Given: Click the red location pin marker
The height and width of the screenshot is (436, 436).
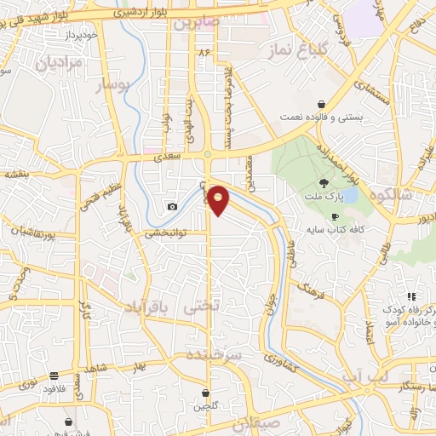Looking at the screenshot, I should pyautogui.click(x=219, y=200).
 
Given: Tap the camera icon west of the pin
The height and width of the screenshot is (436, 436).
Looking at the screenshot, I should pyautogui.click(x=173, y=206).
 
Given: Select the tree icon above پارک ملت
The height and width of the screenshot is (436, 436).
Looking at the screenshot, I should pyautogui.click(x=323, y=182).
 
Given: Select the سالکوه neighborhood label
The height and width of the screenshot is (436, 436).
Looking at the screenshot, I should pyautogui.click(x=389, y=195).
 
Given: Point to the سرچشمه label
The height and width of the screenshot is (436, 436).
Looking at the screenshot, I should pyautogui.click(x=215, y=353).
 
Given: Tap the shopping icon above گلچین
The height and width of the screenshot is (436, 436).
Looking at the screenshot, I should pyautogui.click(x=206, y=392).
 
